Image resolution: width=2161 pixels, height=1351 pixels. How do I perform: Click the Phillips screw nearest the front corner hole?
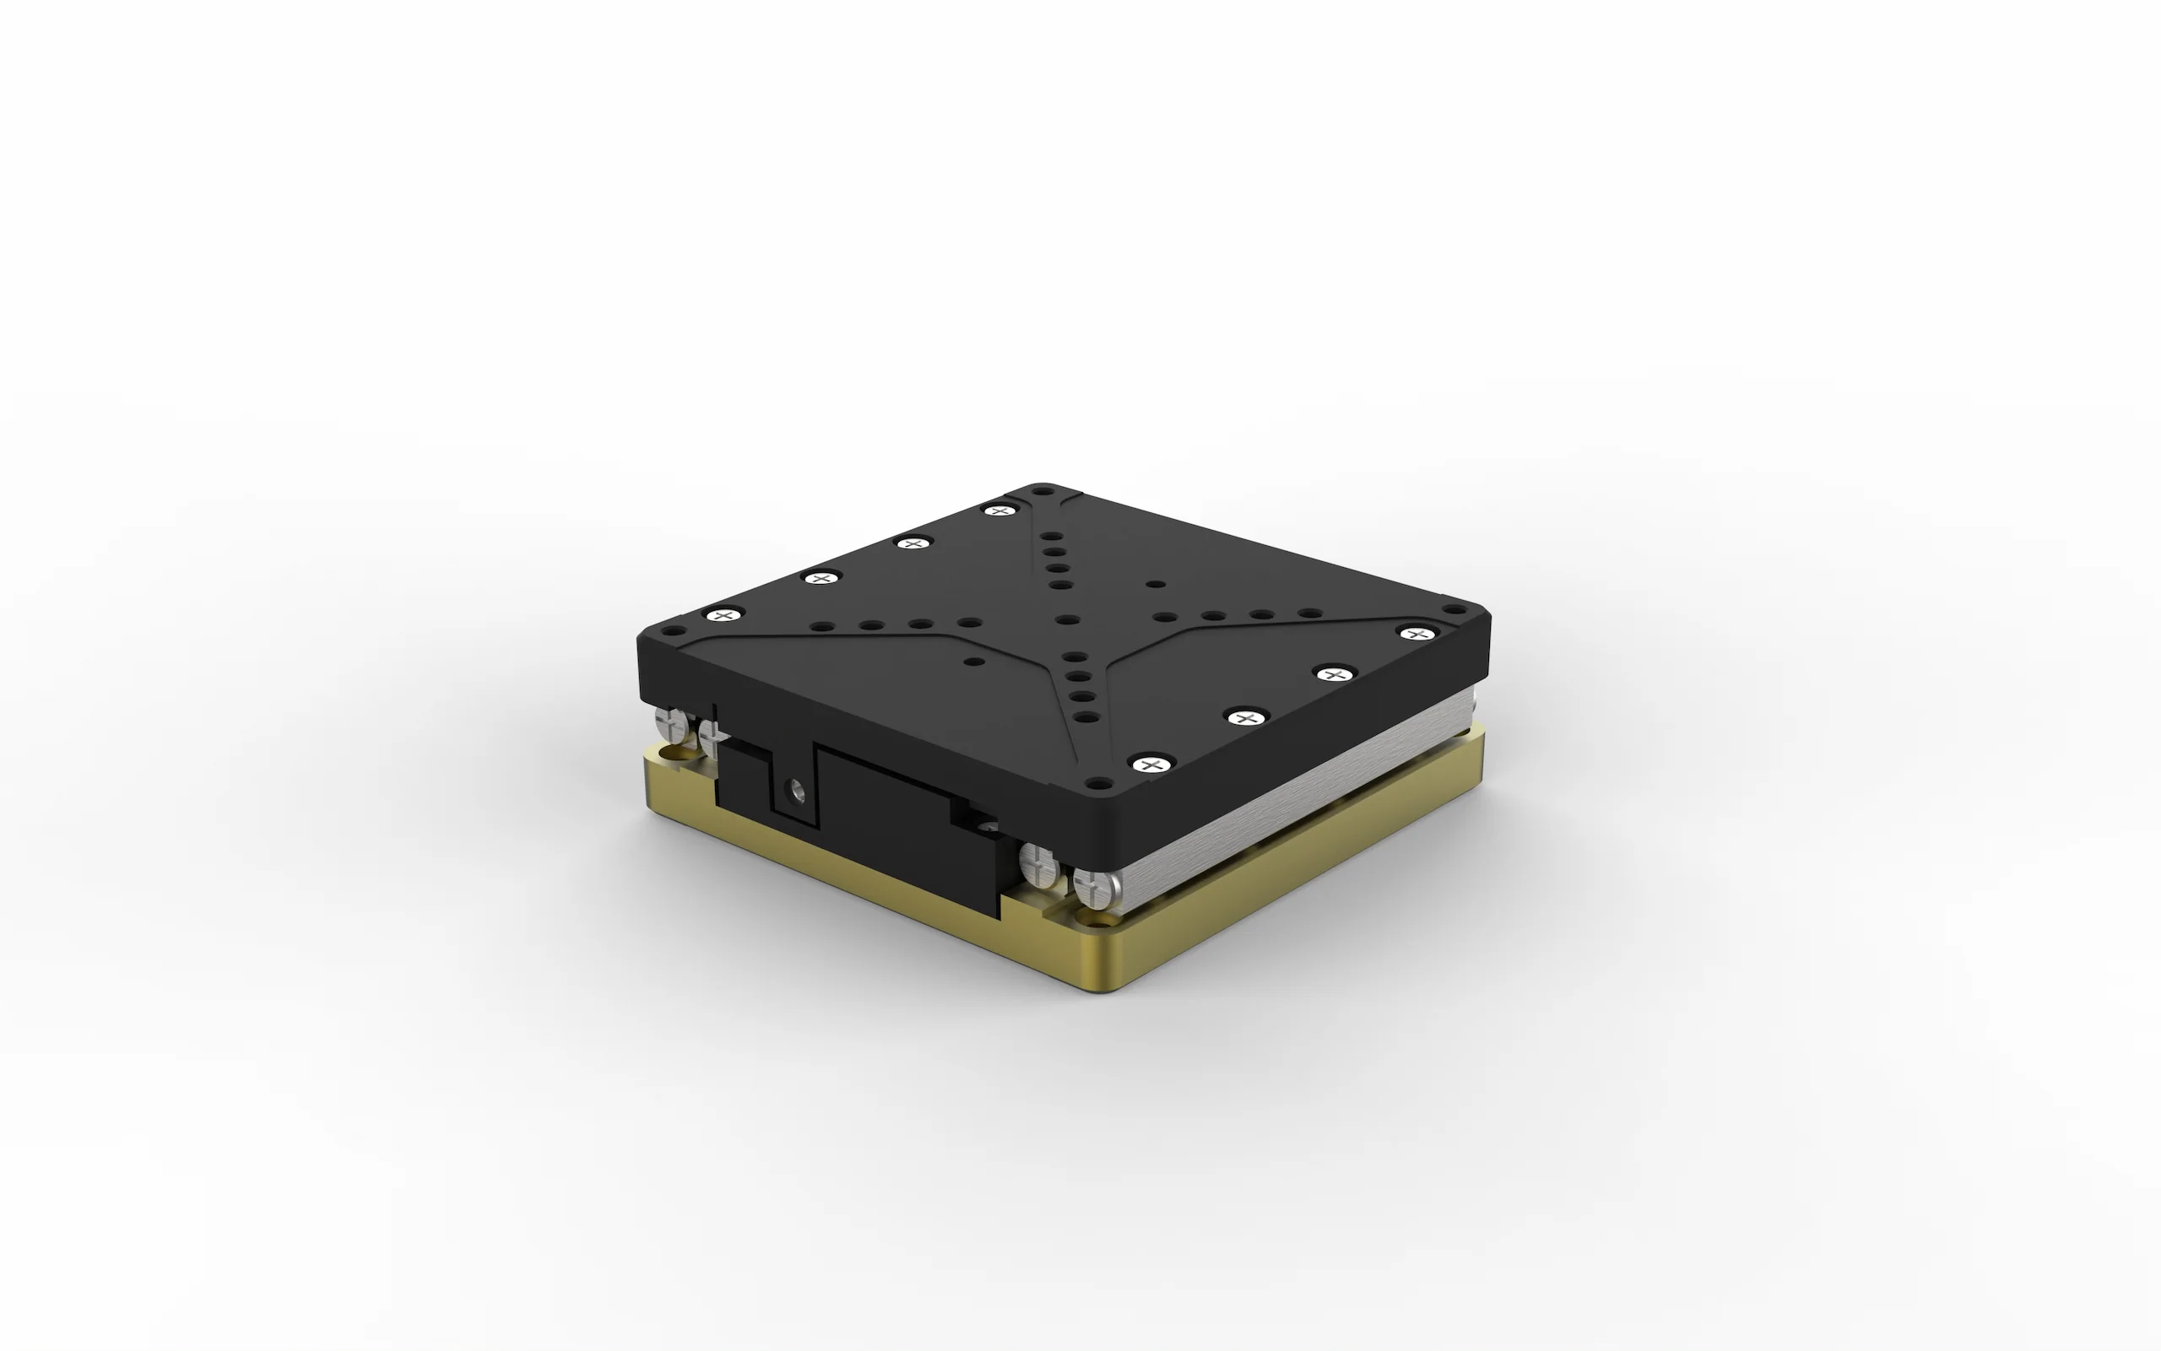1151,764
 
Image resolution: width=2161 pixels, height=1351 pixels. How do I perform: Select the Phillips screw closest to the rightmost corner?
1415,634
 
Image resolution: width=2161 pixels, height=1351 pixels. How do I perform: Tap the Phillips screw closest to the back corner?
1000,511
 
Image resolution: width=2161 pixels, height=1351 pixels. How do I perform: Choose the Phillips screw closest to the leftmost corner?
724,614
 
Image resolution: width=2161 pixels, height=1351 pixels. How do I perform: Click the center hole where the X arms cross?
1064,619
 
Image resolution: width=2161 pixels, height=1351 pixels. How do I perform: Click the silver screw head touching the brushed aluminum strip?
1092,889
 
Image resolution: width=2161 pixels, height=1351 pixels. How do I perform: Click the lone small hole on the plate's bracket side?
976,662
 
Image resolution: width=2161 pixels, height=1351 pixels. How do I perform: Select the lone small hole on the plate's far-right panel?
1156,584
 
